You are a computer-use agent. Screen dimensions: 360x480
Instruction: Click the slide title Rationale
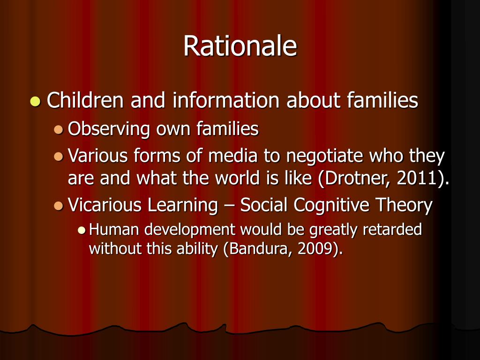point(240,46)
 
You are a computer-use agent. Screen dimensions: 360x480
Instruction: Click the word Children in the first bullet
point(85,100)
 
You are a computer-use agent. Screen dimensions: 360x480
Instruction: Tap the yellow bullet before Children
point(35,101)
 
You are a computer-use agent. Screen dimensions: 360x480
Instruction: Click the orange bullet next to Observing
point(59,129)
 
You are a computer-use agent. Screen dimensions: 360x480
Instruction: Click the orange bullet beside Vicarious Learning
point(59,206)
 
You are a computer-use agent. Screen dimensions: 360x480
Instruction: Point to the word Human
point(114,230)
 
